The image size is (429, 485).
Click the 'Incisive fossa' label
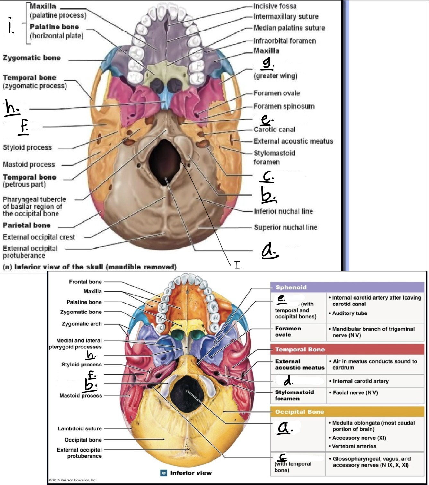275,6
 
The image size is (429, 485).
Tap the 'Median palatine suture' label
289,28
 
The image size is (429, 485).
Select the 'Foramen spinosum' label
284,106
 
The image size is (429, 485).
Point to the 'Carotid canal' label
274,129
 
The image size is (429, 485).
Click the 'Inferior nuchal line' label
284,211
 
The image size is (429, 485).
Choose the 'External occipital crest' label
39,237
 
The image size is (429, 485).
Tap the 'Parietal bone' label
27,225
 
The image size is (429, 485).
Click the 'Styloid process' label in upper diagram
27,147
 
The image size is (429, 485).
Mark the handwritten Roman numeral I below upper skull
238,265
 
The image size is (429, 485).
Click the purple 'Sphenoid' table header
347,287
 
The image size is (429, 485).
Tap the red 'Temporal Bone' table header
347,349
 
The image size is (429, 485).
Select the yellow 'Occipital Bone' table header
347,412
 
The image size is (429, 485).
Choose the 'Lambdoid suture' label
80,428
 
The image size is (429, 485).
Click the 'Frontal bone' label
85,282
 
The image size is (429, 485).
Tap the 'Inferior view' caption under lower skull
191,473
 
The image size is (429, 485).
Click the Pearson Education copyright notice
73,480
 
